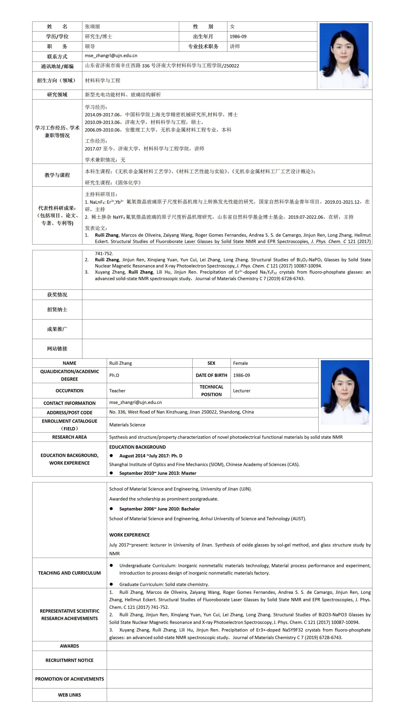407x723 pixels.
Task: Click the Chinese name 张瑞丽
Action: tap(92, 27)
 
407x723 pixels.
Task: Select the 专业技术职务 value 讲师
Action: tap(235, 47)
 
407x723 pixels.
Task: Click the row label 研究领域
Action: tap(57, 95)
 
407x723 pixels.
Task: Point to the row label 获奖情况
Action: tap(57, 295)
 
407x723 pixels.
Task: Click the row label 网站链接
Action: tap(57, 349)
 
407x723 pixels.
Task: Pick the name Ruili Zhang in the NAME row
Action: tap(121, 363)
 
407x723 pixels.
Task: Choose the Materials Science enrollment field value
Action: tap(127, 425)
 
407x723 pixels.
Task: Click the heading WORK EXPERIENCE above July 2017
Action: tap(129, 535)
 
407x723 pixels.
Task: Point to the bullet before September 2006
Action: tap(111, 509)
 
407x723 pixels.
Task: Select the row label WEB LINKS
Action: tap(69, 695)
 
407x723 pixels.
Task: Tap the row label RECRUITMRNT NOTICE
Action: tap(69, 660)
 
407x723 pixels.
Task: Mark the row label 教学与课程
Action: tap(57, 175)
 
